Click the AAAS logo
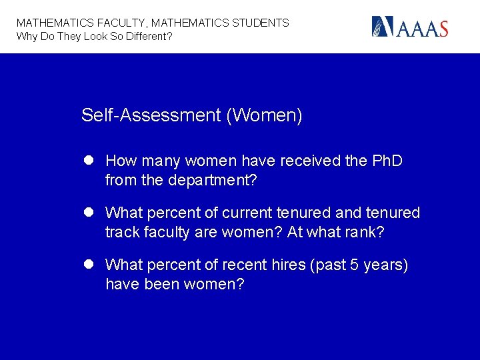[409, 27]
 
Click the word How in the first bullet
[120, 161]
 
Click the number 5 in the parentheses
[353, 265]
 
